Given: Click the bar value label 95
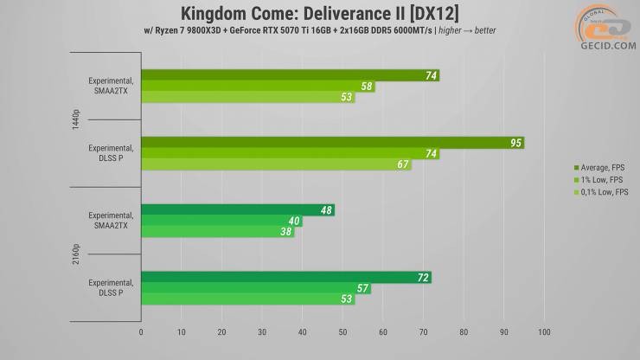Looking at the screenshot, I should (x=515, y=143).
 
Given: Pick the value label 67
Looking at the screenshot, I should (x=403, y=164).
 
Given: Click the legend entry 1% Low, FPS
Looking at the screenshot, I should (x=594, y=179).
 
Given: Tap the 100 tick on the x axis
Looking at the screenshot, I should (x=544, y=331).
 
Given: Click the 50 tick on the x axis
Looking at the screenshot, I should (x=342, y=331).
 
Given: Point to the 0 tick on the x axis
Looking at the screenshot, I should (x=141, y=331).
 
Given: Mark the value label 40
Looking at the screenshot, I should (x=294, y=222).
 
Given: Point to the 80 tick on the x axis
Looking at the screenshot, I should (x=464, y=331).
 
